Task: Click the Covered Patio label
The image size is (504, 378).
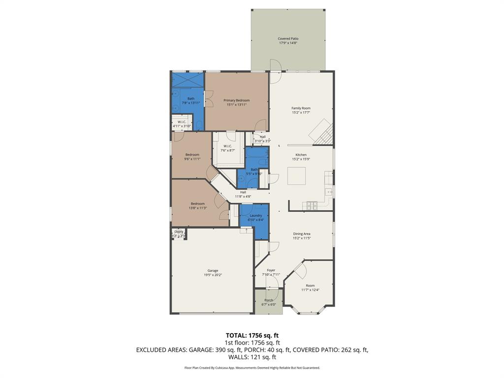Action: click(288, 39)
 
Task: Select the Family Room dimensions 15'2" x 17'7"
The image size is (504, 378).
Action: click(301, 113)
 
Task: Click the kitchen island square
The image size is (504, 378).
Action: click(296, 176)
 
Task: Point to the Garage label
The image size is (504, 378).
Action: click(213, 271)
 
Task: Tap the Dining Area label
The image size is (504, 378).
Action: click(302, 234)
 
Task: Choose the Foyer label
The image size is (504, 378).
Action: click(271, 270)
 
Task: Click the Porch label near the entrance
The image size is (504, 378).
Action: click(269, 300)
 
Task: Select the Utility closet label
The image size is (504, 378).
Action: click(179, 232)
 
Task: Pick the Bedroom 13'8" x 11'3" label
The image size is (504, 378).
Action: click(198, 204)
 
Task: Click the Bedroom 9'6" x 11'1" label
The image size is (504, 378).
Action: click(192, 155)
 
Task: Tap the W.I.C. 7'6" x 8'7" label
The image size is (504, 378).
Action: click(228, 146)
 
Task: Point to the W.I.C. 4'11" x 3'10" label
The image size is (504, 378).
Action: click(182, 122)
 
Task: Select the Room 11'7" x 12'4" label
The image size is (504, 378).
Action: click(310, 285)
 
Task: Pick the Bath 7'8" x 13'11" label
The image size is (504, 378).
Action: click(190, 98)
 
